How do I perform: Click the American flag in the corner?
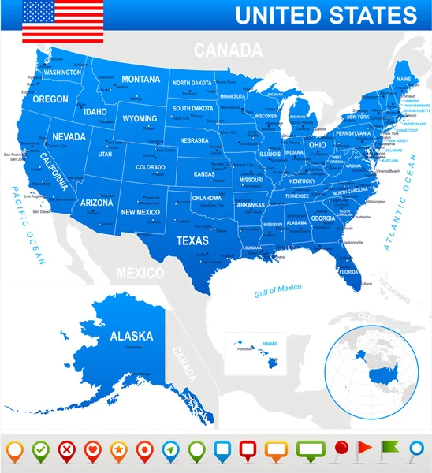tap(63, 21)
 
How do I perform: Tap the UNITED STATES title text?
tap(326, 15)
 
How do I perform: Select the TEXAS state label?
tap(192, 240)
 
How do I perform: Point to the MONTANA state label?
tap(141, 79)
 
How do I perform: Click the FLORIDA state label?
tap(349, 273)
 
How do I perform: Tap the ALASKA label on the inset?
tap(131, 336)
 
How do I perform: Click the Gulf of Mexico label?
tap(277, 289)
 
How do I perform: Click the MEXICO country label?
tap(140, 273)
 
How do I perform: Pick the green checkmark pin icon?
tap(39, 450)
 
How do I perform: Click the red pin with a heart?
tap(91, 450)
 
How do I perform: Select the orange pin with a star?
tap(118, 450)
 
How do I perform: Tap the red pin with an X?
tap(65, 450)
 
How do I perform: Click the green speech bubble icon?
tap(310, 450)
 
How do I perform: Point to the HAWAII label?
tap(270, 343)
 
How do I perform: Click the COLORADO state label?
tap(150, 167)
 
